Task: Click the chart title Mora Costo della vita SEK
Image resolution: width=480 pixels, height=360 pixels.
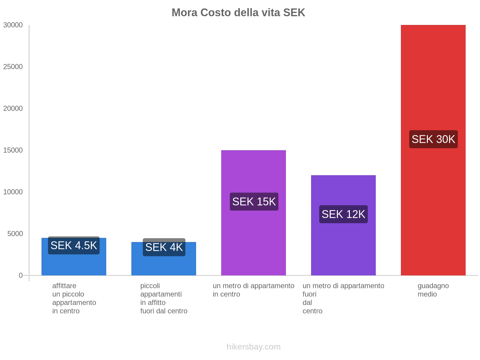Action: (238, 13)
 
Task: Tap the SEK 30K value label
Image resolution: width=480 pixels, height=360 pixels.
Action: (433, 139)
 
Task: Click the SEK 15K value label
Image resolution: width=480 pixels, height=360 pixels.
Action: (254, 202)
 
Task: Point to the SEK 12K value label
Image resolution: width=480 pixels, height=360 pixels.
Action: (343, 214)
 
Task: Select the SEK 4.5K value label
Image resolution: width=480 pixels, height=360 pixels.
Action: (73, 245)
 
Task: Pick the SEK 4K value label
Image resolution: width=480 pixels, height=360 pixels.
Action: (164, 247)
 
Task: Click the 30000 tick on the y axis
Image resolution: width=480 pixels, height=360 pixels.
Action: (13, 25)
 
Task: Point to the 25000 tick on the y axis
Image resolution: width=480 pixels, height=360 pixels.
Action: (13, 67)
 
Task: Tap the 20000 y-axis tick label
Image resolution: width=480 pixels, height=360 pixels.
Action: (13, 109)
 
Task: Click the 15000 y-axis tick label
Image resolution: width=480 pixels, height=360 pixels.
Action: (13, 150)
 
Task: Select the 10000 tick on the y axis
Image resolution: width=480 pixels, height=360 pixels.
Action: (13, 192)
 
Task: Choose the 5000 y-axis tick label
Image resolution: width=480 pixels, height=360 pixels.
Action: (15, 234)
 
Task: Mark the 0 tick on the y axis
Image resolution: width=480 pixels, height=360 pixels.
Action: (21, 275)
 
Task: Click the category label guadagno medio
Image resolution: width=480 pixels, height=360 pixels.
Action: (433, 290)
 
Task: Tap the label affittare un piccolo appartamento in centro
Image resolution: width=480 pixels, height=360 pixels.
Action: (74, 298)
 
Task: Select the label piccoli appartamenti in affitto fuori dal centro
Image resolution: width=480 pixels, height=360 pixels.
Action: (163, 298)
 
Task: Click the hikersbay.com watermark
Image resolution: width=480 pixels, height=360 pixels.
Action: (253, 347)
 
